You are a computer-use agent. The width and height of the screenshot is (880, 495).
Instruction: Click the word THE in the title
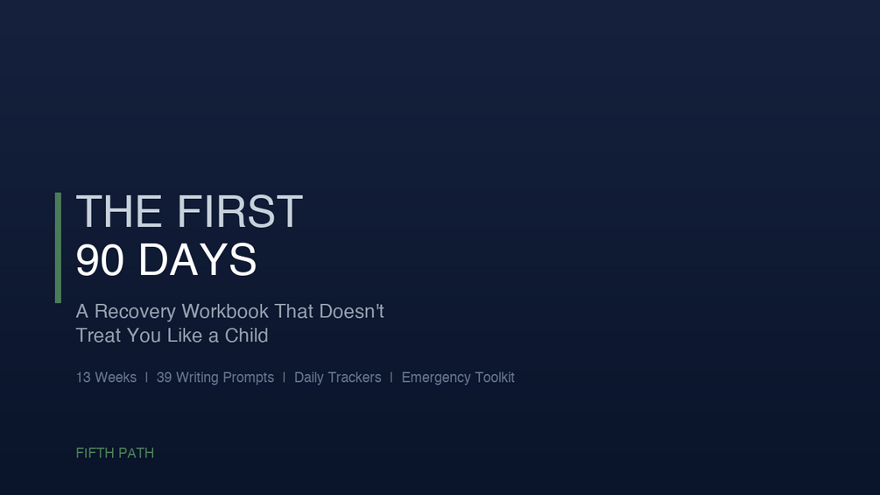(119, 212)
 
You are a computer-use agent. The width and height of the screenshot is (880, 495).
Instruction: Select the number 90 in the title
(100, 260)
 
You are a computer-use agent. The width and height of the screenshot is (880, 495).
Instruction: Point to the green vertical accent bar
(58, 248)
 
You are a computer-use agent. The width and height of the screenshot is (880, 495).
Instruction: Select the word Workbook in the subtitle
(226, 311)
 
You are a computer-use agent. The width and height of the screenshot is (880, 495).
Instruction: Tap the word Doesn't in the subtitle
(351, 311)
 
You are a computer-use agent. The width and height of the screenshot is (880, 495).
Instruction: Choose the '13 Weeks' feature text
(106, 378)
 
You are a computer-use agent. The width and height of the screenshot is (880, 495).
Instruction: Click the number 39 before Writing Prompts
(164, 378)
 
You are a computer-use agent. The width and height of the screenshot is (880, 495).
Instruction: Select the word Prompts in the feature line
(244, 378)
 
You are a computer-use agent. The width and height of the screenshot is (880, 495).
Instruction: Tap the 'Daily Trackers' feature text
(337, 378)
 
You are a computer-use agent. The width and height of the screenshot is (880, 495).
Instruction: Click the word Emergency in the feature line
(436, 378)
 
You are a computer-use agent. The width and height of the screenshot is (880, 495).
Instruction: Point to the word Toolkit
(495, 378)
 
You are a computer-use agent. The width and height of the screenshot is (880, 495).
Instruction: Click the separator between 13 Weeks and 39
(146, 378)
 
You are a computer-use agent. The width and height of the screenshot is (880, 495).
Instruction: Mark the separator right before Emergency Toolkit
(391, 378)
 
